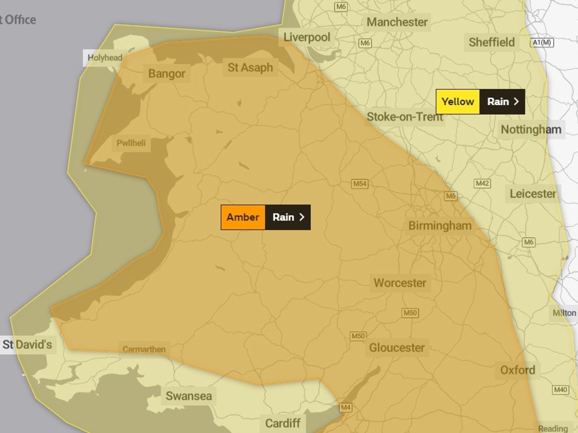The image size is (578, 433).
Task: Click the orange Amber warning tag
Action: (243, 217)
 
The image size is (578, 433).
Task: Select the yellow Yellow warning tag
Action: (458, 102)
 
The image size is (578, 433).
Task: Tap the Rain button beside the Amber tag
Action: (288, 217)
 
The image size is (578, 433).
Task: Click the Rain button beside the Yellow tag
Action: (502, 102)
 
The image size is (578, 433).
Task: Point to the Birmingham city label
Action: (440, 225)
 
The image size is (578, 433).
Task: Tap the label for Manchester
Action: (397, 22)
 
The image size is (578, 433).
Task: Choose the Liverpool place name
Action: (307, 37)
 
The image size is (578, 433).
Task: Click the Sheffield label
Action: (492, 42)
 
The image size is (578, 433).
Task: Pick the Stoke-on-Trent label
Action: (405, 117)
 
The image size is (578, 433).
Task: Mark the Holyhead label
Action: (105, 58)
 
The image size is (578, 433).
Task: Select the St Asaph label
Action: (250, 68)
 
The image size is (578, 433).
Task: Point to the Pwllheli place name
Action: (131, 143)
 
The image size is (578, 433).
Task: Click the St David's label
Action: (27, 345)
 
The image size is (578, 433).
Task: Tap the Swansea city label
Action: (188, 396)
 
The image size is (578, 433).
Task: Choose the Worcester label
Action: (400, 283)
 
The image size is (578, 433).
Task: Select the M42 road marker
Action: (482, 184)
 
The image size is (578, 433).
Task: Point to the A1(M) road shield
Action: (542, 43)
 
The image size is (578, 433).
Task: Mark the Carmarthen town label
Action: (144, 350)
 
